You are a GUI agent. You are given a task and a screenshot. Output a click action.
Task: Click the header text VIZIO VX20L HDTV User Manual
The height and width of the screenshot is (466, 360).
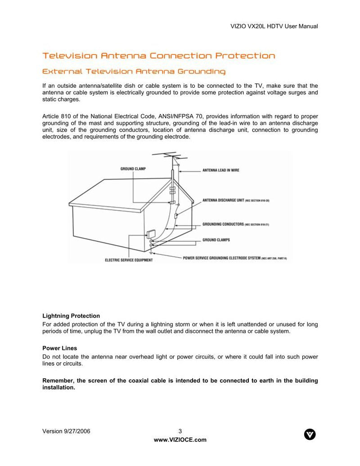coord(274,26)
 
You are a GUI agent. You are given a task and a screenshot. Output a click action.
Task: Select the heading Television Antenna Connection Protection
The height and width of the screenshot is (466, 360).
coord(158,56)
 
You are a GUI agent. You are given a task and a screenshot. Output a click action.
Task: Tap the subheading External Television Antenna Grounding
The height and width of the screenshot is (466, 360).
coord(134,72)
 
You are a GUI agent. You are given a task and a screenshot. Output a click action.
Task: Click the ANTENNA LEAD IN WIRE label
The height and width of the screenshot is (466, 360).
coord(220,170)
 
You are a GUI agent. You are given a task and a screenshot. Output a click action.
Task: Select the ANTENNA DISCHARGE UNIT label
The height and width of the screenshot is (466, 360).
coord(223,200)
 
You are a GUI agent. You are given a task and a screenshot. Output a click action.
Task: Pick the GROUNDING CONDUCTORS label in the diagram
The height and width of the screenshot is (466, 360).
coord(223,224)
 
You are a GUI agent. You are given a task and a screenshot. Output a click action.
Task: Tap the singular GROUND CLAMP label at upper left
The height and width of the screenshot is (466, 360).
coord(133,169)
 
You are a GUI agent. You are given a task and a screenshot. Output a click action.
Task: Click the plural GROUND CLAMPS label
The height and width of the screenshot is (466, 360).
coord(216,240)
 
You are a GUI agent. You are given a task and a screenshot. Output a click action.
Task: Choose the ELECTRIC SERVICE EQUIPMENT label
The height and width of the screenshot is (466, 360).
coord(129,260)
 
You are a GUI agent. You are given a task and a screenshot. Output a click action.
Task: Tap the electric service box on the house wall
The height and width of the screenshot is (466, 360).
coord(151,235)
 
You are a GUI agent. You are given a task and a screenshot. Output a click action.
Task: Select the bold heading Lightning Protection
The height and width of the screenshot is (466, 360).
coord(71,316)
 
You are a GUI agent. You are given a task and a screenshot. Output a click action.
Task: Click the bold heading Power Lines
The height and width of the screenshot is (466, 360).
coord(59,348)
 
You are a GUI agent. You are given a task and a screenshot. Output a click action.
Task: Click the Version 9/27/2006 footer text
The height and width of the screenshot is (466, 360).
coord(66,431)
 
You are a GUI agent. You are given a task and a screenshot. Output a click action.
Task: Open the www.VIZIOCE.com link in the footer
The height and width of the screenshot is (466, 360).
coord(180,440)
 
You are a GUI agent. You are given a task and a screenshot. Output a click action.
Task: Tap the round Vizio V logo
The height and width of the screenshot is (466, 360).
coord(310,435)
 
